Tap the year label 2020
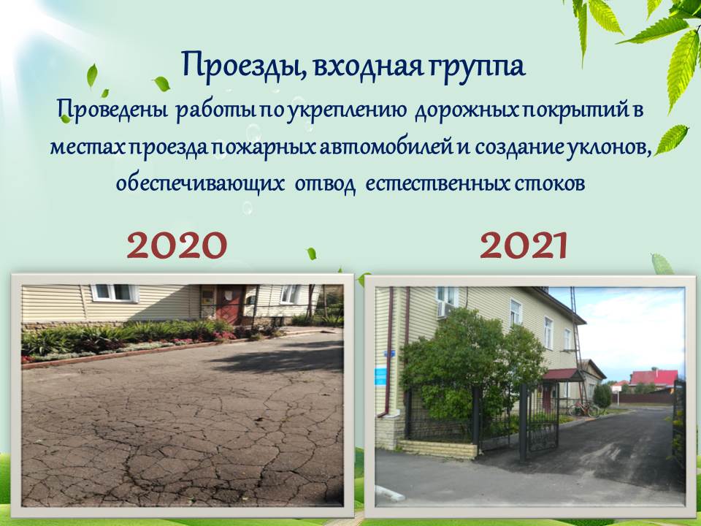(x=177, y=245)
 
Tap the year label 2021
(x=524, y=245)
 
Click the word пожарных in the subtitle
(x=264, y=148)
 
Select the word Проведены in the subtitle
(x=112, y=110)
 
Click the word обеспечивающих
(x=200, y=184)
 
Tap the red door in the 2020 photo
(x=229, y=304)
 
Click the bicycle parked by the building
(x=583, y=409)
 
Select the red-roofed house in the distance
(x=653, y=380)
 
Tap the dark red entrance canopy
(x=563, y=375)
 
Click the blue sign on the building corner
(x=381, y=376)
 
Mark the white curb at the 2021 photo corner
(x=389, y=493)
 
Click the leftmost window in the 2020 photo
(x=114, y=292)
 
